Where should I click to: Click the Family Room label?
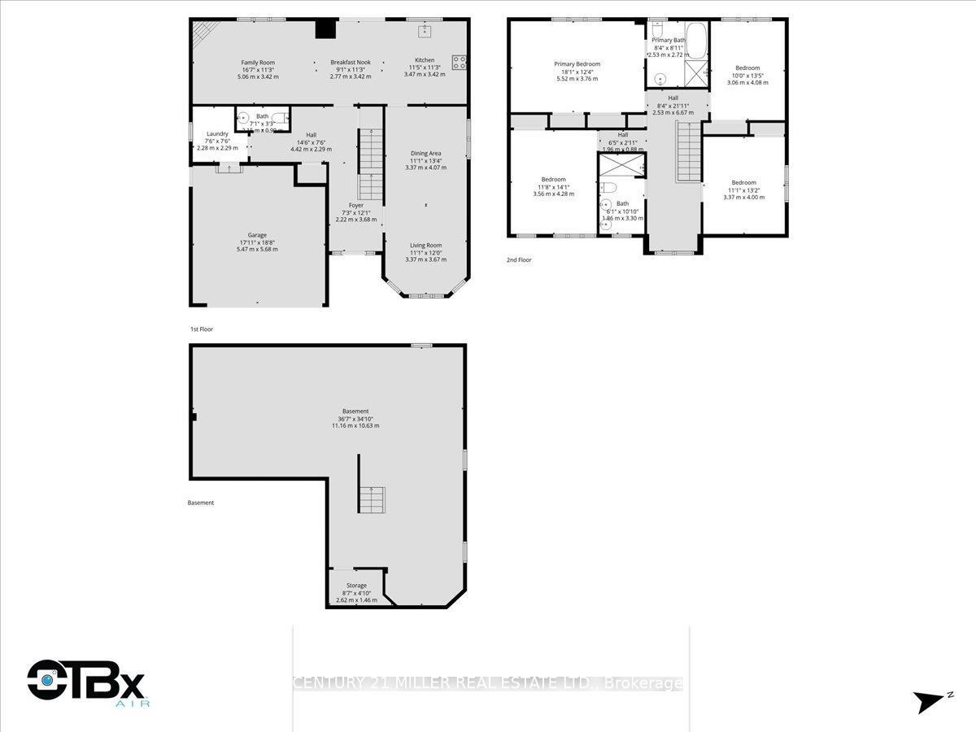coord(258,63)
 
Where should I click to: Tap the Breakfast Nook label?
coord(351,63)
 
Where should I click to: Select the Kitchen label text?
coord(425,60)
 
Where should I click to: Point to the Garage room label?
coord(257,236)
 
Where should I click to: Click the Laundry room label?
coord(217,134)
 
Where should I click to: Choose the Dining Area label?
coord(426,154)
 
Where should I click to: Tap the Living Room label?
coord(425,246)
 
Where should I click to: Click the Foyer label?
coord(356,206)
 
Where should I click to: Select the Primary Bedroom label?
coord(577,64)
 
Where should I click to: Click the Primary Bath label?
coord(668,40)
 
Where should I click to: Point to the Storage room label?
coord(356,586)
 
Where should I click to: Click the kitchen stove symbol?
coord(460,59)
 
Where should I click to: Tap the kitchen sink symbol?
coord(425,32)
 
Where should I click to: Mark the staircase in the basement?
coord(371,499)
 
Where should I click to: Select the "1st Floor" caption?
coord(201,329)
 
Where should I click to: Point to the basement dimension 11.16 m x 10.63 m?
coord(355,425)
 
